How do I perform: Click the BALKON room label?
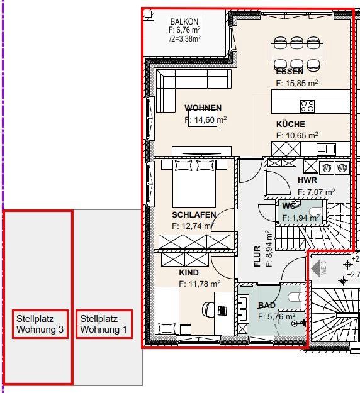(184, 21)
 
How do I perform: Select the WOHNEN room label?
(203, 108)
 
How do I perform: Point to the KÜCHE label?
(290, 125)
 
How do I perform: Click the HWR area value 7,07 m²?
(317, 192)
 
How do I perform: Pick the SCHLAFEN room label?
(194, 215)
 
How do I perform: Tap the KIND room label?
(189, 273)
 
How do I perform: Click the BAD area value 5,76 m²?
(277, 317)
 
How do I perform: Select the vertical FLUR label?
(257, 257)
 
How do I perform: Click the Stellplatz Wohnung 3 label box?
(40, 324)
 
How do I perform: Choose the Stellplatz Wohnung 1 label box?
(104, 324)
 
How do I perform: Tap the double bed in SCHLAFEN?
(195, 182)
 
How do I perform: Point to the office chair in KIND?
(209, 309)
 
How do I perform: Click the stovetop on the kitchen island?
(307, 106)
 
